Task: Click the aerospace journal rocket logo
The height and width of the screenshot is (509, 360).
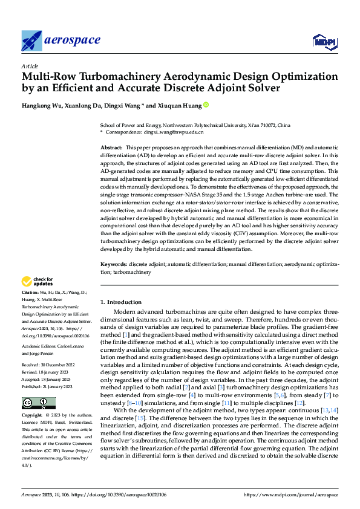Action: tap(31, 41)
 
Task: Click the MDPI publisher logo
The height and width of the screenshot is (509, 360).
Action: tap(324, 41)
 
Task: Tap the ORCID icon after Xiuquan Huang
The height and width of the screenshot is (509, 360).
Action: tap(206, 105)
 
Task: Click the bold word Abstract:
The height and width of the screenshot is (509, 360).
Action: tap(111, 148)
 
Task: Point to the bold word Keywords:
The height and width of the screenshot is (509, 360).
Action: tap(113, 265)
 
